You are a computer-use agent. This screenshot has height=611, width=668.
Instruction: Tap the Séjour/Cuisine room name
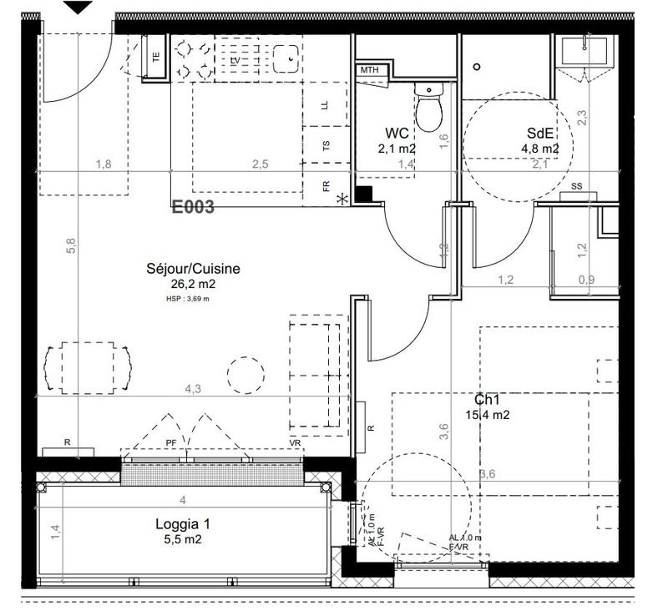[193, 269]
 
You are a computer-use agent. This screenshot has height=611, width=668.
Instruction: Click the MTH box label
[369, 70]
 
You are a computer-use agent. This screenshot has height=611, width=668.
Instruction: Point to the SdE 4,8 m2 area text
[539, 149]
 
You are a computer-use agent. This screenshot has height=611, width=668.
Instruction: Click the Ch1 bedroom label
[488, 400]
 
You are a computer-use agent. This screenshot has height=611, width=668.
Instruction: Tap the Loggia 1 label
[182, 524]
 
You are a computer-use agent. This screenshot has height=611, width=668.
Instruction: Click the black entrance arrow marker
[78, 8]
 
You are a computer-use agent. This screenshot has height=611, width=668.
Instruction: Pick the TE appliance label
[155, 58]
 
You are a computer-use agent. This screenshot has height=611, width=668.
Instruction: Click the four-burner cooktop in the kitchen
[193, 57]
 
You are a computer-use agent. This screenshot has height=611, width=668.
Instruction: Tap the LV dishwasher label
[235, 61]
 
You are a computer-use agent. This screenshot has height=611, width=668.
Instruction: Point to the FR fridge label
[326, 186]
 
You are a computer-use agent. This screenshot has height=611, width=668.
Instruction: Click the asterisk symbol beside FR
[341, 199]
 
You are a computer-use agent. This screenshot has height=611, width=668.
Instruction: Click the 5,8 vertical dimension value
[71, 245]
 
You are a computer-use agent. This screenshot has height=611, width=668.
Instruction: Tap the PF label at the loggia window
[171, 442]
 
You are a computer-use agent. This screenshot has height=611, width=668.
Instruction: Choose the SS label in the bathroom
[576, 186]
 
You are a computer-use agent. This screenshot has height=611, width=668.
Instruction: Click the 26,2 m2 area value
[193, 284]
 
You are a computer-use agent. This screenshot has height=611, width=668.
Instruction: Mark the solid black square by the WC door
[363, 194]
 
